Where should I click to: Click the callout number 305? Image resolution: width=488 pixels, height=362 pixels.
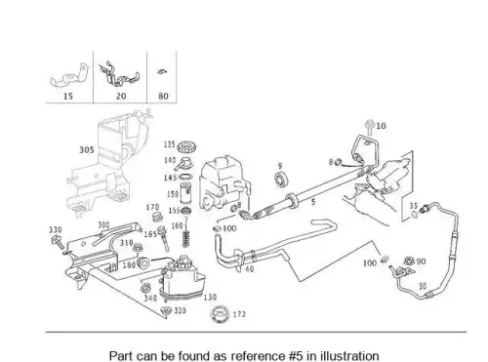pyautogui.click(x=87, y=150)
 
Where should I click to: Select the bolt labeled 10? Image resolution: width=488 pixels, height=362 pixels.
pyautogui.click(x=370, y=127)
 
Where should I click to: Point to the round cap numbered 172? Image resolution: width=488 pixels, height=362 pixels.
pyautogui.click(x=221, y=314)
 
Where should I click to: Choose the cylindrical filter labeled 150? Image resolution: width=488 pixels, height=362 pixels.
pyautogui.click(x=185, y=194)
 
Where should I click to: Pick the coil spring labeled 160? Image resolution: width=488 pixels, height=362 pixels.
pyautogui.click(x=185, y=239)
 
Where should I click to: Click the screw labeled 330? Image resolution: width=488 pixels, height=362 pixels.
pyautogui.click(x=58, y=242)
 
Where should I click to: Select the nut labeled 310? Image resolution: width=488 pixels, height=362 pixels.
pyautogui.click(x=138, y=248)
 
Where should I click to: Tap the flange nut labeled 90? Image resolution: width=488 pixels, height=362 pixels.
pyautogui.click(x=409, y=261)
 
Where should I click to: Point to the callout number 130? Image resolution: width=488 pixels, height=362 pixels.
pyautogui.click(x=210, y=297)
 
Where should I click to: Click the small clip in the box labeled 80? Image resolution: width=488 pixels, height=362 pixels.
pyautogui.click(x=162, y=71)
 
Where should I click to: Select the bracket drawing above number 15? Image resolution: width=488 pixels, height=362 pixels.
pyautogui.click(x=69, y=76)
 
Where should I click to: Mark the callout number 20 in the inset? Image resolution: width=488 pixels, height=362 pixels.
pyautogui.click(x=121, y=96)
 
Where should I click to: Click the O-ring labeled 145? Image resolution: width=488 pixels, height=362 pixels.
pyautogui.click(x=185, y=178)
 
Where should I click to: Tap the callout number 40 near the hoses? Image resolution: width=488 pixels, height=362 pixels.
pyautogui.click(x=249, y=269)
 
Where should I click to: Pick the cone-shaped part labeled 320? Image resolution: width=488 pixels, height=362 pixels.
pyautogui.click(x=166, y=310)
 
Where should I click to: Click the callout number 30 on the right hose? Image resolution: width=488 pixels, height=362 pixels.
pyautogui.click(x=423, y=286)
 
